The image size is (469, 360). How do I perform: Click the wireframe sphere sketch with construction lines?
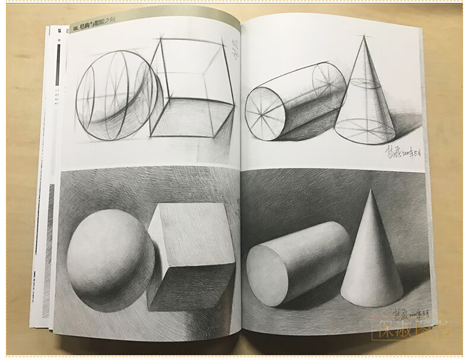coord(119,95)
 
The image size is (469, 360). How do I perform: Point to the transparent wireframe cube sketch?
coord(190,89)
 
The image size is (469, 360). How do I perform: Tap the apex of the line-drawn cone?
coord(363,37)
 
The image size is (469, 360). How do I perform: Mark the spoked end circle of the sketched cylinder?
coord(265,113)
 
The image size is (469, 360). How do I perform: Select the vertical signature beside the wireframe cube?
coord(233,50)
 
